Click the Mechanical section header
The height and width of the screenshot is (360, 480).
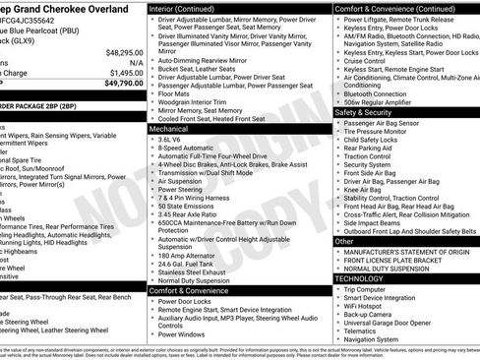point(169,128)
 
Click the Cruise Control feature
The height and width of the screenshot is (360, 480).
point(370,61)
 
